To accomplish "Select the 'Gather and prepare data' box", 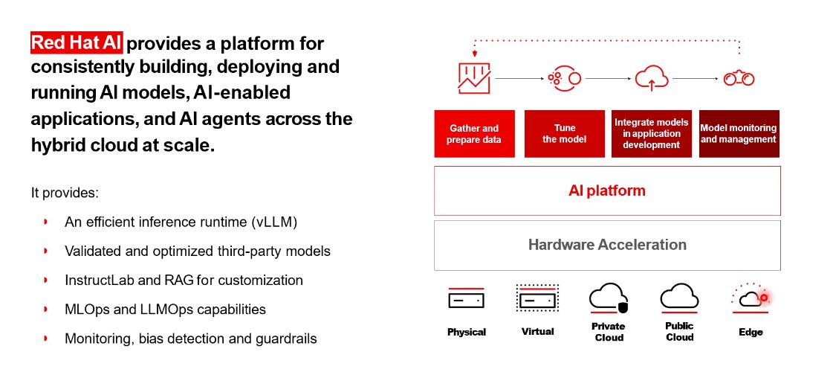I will click(x=474, y=134).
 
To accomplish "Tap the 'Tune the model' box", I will click(x=564, y=134).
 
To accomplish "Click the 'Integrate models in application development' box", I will click(x=651, y=134).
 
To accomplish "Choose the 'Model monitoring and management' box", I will click(x=739, y=134).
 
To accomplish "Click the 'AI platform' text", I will click(x=606, y=190).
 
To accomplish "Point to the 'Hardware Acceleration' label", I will click(x=606, y=245).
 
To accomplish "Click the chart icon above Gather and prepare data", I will click(x=473, y=77).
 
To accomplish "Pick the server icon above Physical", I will click(x=466, y=299).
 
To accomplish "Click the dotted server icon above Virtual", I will click(x=537, y=299).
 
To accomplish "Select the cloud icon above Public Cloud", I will click(x=678, y=298).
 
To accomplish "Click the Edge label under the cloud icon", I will click(x=751, y=332).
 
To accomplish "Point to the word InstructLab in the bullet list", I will click(x=99, y=281).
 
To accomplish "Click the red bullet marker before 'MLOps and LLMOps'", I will click(x=47, y=309).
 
